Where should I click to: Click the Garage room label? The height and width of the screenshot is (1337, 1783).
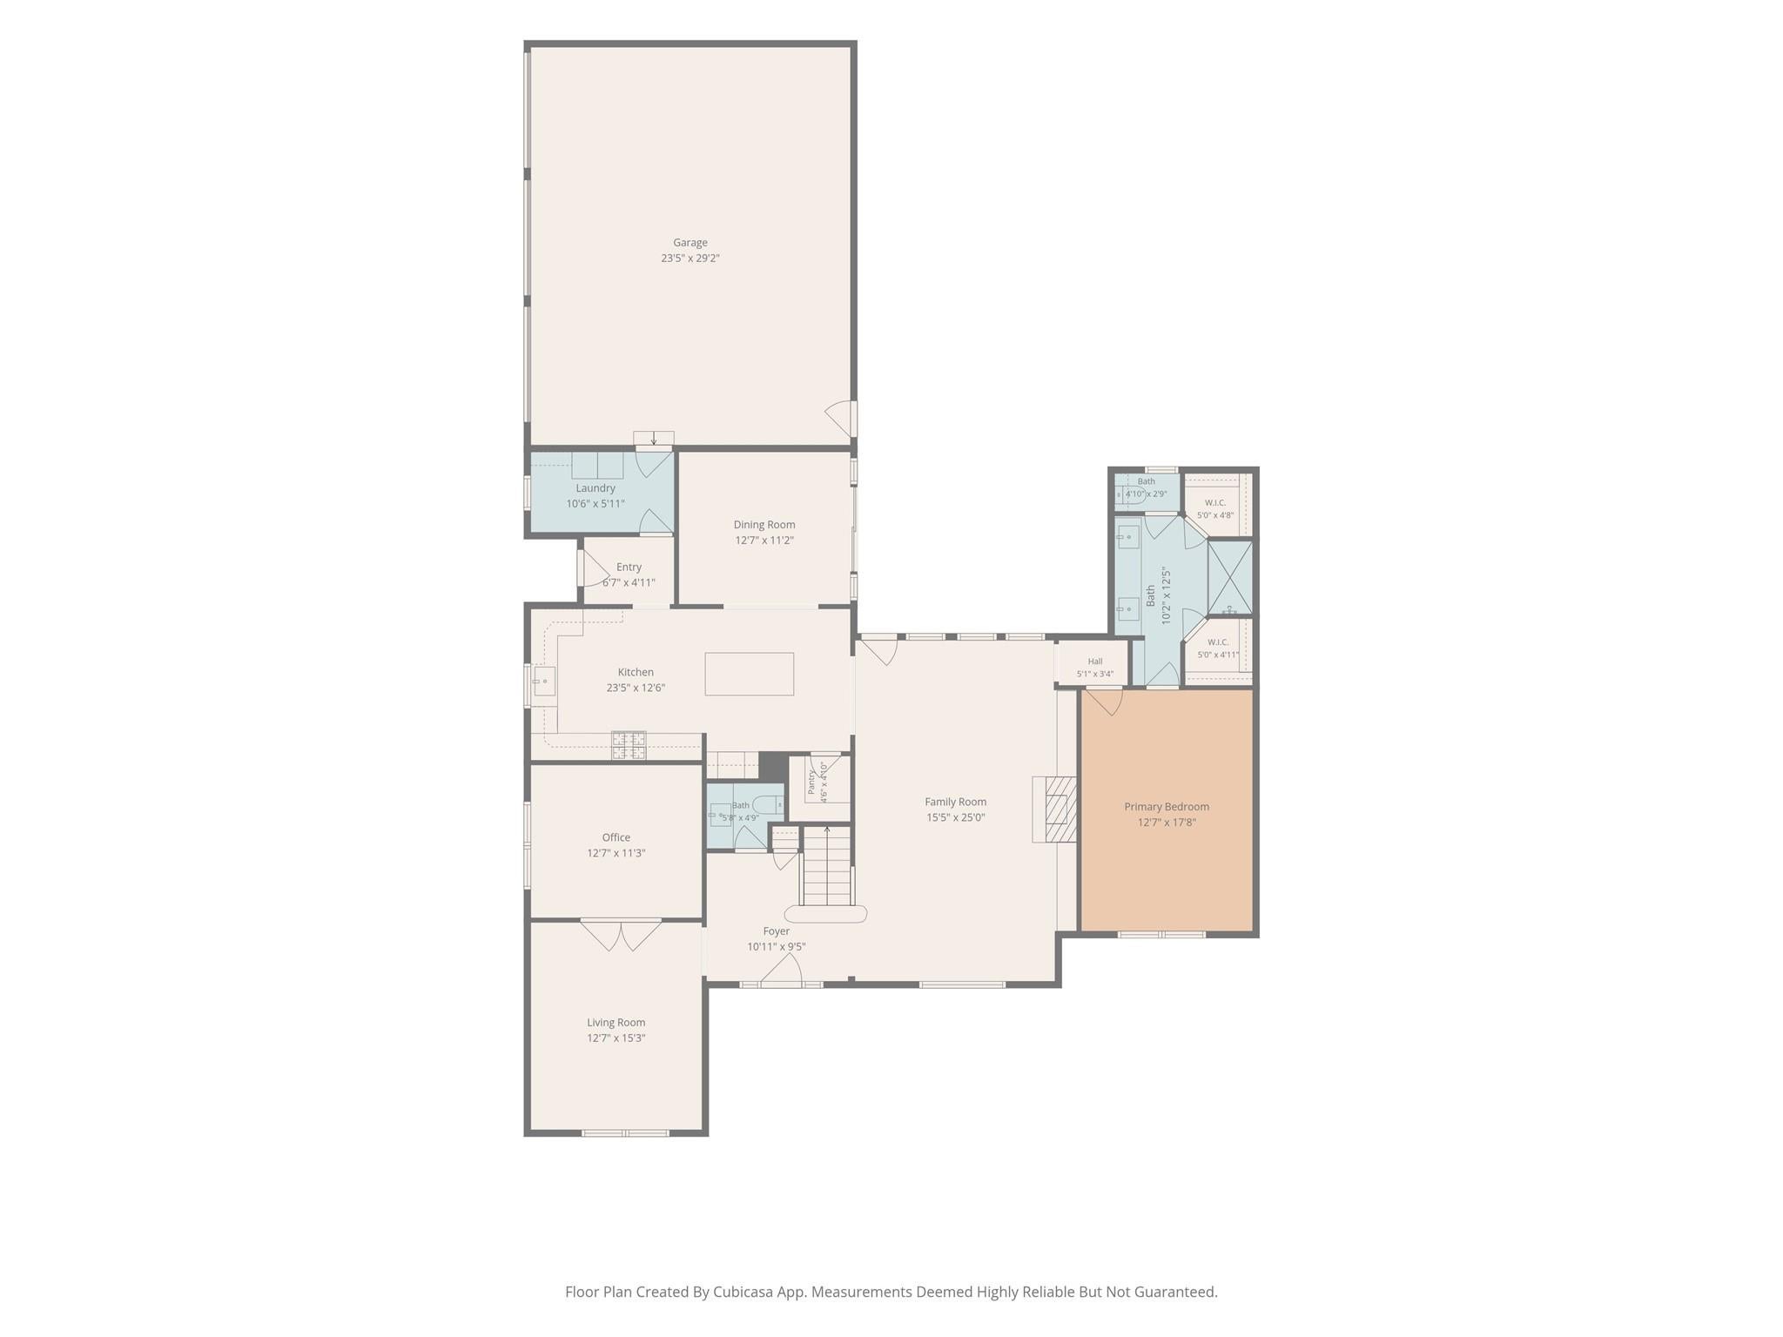click(690, 243)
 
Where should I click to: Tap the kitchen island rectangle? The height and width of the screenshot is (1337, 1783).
click(749, 674)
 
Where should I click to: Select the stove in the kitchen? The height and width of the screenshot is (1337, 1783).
click(629, 744)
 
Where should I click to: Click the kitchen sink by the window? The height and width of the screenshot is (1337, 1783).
click(545, 680)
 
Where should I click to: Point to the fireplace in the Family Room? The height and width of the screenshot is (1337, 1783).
click(1055, 809)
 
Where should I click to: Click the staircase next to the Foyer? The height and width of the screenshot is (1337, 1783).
click(826, 866)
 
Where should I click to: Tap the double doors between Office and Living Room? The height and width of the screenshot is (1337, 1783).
click(621, 935)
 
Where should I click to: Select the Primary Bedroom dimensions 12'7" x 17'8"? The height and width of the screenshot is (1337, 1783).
click(1167, 823)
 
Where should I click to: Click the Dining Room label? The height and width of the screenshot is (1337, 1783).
click(764, 525)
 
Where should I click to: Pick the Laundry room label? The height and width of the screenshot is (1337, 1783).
click(595, 488)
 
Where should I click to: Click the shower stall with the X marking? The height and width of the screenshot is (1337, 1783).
click(1230, 578)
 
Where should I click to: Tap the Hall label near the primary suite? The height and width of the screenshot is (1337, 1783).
click(1095, 662)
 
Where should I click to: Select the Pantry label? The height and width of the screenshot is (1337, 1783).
click(811, 781)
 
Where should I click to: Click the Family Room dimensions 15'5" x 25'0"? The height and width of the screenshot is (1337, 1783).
click(955, 817)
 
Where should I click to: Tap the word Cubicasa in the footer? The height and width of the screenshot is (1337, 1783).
click(744, 1293)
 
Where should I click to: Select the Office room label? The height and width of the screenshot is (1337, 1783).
click(616, 837)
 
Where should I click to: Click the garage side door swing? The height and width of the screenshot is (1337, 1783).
click(841, 419)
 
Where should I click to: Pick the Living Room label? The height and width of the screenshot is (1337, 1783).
click(616, 1023)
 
